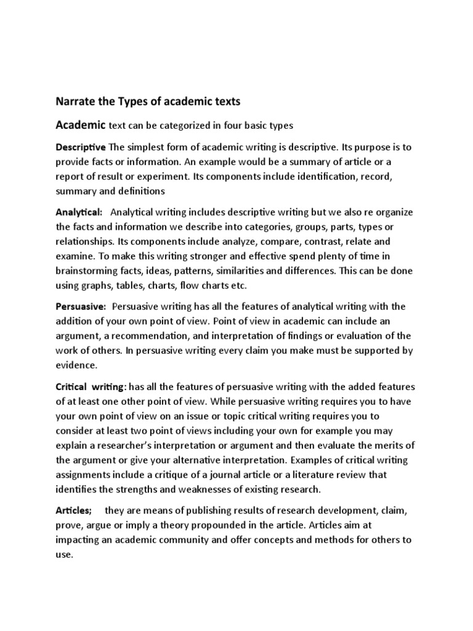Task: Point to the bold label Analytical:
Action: tap(79, 212)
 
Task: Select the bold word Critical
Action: tap(73, 386)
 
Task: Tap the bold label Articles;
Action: tap(74, 511)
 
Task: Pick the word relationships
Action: tap(86, 241)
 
